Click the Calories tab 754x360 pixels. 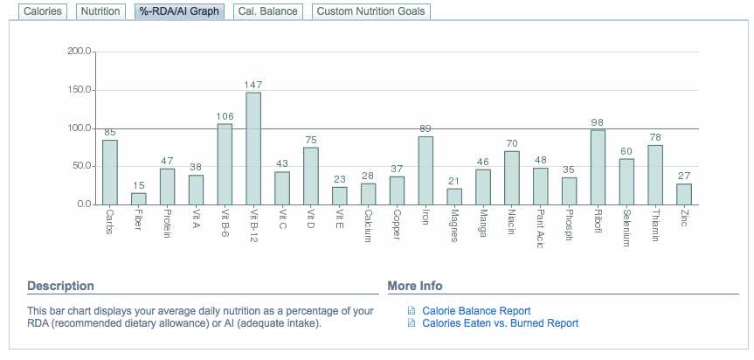tap(42, 12)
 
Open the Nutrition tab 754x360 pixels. tap(99, 12)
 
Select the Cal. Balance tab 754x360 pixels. tap(268, 12)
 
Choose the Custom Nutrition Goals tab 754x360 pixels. tap(370, 12)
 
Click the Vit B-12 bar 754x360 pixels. tap(253, 149)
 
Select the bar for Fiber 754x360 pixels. tap(139, 198)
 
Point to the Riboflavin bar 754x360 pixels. tap(598, 167)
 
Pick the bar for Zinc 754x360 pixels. tap(683, 194)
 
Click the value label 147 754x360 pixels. tap(253, 85)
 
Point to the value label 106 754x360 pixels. tap(225, 116)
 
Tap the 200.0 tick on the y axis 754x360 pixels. tap(80, 52)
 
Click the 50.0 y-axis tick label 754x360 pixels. tap(81, 166)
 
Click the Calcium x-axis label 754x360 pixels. tap(368, 226)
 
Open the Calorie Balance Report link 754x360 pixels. tap(476, 311)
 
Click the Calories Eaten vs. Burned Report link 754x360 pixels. tap(500, 323)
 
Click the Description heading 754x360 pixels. tap(60, 286)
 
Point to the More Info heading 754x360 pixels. tap(415, 286)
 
